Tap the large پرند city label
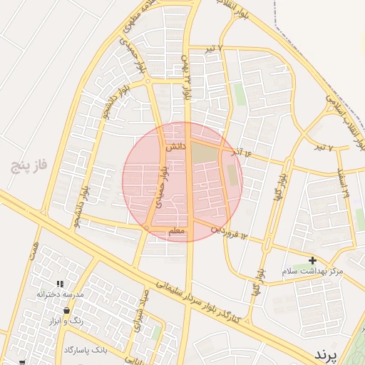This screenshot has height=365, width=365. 334,354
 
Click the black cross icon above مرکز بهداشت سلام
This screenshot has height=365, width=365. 312,260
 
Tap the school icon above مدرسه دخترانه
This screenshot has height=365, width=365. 61,284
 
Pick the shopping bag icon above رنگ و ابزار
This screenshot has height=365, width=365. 66,311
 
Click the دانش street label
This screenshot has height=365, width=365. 176,148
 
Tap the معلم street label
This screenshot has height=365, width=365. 178,231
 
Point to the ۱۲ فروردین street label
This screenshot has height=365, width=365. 230,232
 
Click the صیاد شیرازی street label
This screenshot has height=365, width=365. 140,311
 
